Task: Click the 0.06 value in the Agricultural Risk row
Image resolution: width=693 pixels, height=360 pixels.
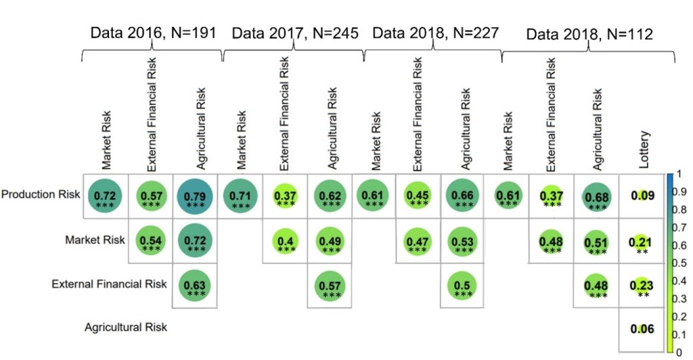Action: pyautogui.click(x=642, y=329)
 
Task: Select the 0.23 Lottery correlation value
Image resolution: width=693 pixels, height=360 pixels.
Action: pyautogui.click(x=642, y=286)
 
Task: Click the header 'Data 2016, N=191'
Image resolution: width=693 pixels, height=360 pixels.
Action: pyautogui.click(x=155, y=33)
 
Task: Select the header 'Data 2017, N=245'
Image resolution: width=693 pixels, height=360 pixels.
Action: pyautogui.click(x=295, y=33)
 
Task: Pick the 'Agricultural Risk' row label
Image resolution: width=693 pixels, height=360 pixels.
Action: pyautogui.click(x=126, y=328)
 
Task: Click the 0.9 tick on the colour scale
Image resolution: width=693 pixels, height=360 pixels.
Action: pyautogui.click(x=684, y=191)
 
